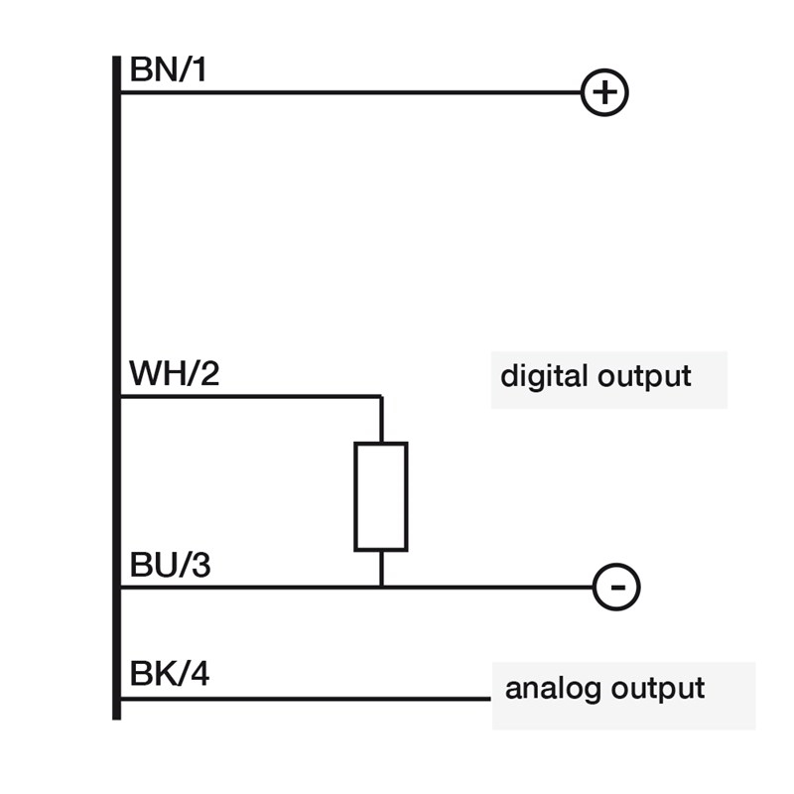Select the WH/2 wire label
click(x=174, y=376)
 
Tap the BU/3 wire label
click(x=170, y=566)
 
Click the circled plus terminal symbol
click(x=604, y=93)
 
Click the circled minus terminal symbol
click(x=616, y=588)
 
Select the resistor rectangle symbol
click(x=381, y=496)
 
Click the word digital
click(x=544, y=377)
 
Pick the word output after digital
click(x=644, y=378)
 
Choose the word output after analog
click(x=657, y=689)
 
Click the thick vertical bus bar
click(x=116, y=397)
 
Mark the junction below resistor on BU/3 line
click(x=381, y=588)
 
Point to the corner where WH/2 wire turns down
click(x=381, y=397)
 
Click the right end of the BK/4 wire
click(x=489, y=699)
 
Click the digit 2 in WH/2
click(x=207, y=376)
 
